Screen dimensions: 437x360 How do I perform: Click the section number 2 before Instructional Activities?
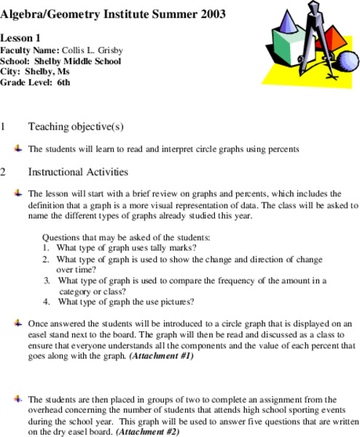pyautogui.click(x=4, y=173)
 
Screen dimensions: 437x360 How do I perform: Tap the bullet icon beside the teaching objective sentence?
pyautogui.click(x=17, y=149)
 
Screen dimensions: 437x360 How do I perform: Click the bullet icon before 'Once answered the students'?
pyautogui.click(x=17, y=322)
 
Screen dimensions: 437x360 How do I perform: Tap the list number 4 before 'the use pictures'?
pyautogui.click(x=46, y=301)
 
